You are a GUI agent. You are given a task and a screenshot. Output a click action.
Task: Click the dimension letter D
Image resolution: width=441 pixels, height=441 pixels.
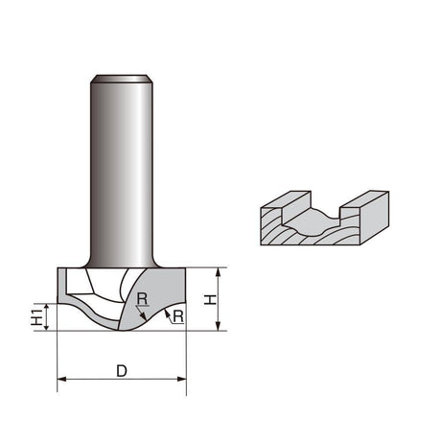point(122,371)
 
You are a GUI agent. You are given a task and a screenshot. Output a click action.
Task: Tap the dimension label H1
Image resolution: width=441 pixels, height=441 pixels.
point(37,317)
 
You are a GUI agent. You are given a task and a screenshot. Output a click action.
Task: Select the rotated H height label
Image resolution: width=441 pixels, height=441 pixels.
point(210,300)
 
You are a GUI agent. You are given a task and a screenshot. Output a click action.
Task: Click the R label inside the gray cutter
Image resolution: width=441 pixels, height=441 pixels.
point(142,299)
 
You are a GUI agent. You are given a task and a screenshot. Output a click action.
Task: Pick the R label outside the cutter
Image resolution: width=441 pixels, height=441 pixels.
point(178,316)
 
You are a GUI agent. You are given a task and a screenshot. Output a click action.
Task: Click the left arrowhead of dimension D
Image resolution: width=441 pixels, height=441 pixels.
point(61,379)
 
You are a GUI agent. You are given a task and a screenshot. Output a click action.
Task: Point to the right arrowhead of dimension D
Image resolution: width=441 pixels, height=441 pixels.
point(182,379)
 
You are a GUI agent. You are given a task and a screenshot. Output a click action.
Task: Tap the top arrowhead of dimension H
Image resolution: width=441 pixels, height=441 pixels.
point(219,272)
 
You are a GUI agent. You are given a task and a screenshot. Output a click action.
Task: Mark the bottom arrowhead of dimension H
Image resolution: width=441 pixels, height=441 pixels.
point(219,326)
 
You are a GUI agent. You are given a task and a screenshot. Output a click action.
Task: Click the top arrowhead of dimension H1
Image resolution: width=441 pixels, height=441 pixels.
point(47,307)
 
